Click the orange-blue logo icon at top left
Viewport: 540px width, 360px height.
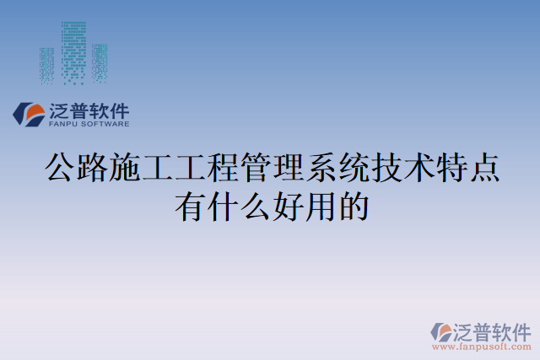(x=30, y=114)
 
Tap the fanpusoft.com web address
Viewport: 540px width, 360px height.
(x=481, y=346)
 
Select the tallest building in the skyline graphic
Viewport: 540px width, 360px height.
(x=73, y=51)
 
